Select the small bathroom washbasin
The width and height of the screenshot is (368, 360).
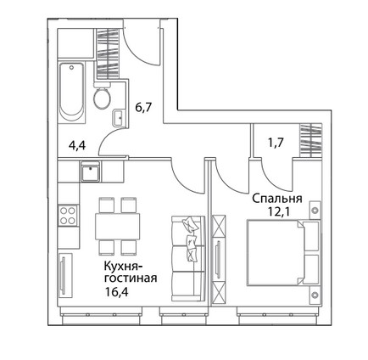point(118,117)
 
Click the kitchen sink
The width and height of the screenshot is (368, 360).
point(91,172)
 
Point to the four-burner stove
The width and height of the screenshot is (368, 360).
point(68,216)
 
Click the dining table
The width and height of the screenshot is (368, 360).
point(117,226)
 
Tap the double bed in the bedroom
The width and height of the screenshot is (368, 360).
point(282,252)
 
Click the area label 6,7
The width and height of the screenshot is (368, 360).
point(143,108)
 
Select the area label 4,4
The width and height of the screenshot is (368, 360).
point(77,146)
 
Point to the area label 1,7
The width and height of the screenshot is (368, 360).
point(276,143)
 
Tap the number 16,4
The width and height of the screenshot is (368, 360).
point(116,290)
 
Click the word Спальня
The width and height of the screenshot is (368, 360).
point(277,199)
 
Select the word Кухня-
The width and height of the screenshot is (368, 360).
point(124,267)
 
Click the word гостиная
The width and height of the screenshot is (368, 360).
point(131,278)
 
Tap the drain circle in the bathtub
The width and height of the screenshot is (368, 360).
point(71,68)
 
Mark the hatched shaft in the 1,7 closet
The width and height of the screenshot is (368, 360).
point(311,140)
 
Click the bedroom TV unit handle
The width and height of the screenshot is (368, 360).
point(218,257)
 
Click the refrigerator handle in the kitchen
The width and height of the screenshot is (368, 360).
point(63,273)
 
